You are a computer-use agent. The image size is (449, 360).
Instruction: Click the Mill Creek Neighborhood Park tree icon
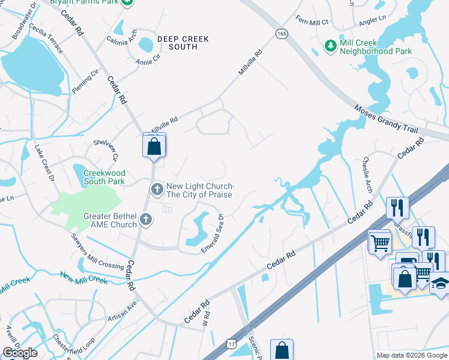click(x=330, y=46)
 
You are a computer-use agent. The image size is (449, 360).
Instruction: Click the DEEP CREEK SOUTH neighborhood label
click(x=183, y=43)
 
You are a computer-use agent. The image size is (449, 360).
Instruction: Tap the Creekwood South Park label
click(x=103, y=177)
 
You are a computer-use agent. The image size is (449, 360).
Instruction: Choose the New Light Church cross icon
click(x=157, y=190)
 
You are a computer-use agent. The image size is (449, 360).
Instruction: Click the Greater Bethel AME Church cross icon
click(x=145, y=220)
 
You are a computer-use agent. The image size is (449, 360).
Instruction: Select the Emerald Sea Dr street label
click(x=213, y=234)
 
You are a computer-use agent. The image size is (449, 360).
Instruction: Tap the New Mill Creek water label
click(x=83, y=278)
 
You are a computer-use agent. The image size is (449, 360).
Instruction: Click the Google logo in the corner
click(x=20, y=353)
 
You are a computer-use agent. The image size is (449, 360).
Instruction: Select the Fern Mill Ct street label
click(x=312, y=22)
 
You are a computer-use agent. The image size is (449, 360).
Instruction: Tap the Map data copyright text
click(x=412, y=355)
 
